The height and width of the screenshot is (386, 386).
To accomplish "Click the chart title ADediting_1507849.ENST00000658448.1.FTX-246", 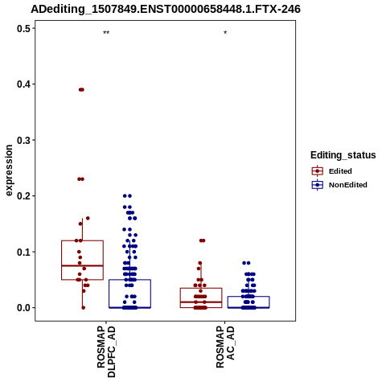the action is tap(166, 10).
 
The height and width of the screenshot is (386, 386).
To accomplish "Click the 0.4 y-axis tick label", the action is tap(23, 84).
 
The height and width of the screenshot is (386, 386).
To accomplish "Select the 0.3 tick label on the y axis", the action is tap(23, 140).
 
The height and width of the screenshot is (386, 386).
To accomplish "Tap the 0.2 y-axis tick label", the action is tap(23, 196).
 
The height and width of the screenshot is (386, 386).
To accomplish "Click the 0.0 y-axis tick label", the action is tap(23, 308).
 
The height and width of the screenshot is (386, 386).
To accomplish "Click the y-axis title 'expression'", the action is tap(9, 170).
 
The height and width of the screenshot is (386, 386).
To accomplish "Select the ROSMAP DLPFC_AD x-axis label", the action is tap(106, 351).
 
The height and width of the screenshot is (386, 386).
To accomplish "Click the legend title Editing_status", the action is tap(343, 155).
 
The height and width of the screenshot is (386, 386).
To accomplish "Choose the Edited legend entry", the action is tap(331, 171).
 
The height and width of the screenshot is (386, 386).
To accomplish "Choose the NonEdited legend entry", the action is tap(339, 185).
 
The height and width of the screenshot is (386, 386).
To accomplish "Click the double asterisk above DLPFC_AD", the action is tap(106, 33).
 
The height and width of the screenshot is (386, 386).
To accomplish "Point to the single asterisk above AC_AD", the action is tap(225, 33).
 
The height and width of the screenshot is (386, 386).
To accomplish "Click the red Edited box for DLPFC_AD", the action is tap(62, 260).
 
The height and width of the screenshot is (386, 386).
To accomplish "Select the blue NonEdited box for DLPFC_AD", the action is tap(109, 294).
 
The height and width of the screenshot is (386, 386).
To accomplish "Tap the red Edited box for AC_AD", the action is tap(180, 298).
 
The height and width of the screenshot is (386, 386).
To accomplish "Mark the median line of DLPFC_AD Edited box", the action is tap(82, 265).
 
